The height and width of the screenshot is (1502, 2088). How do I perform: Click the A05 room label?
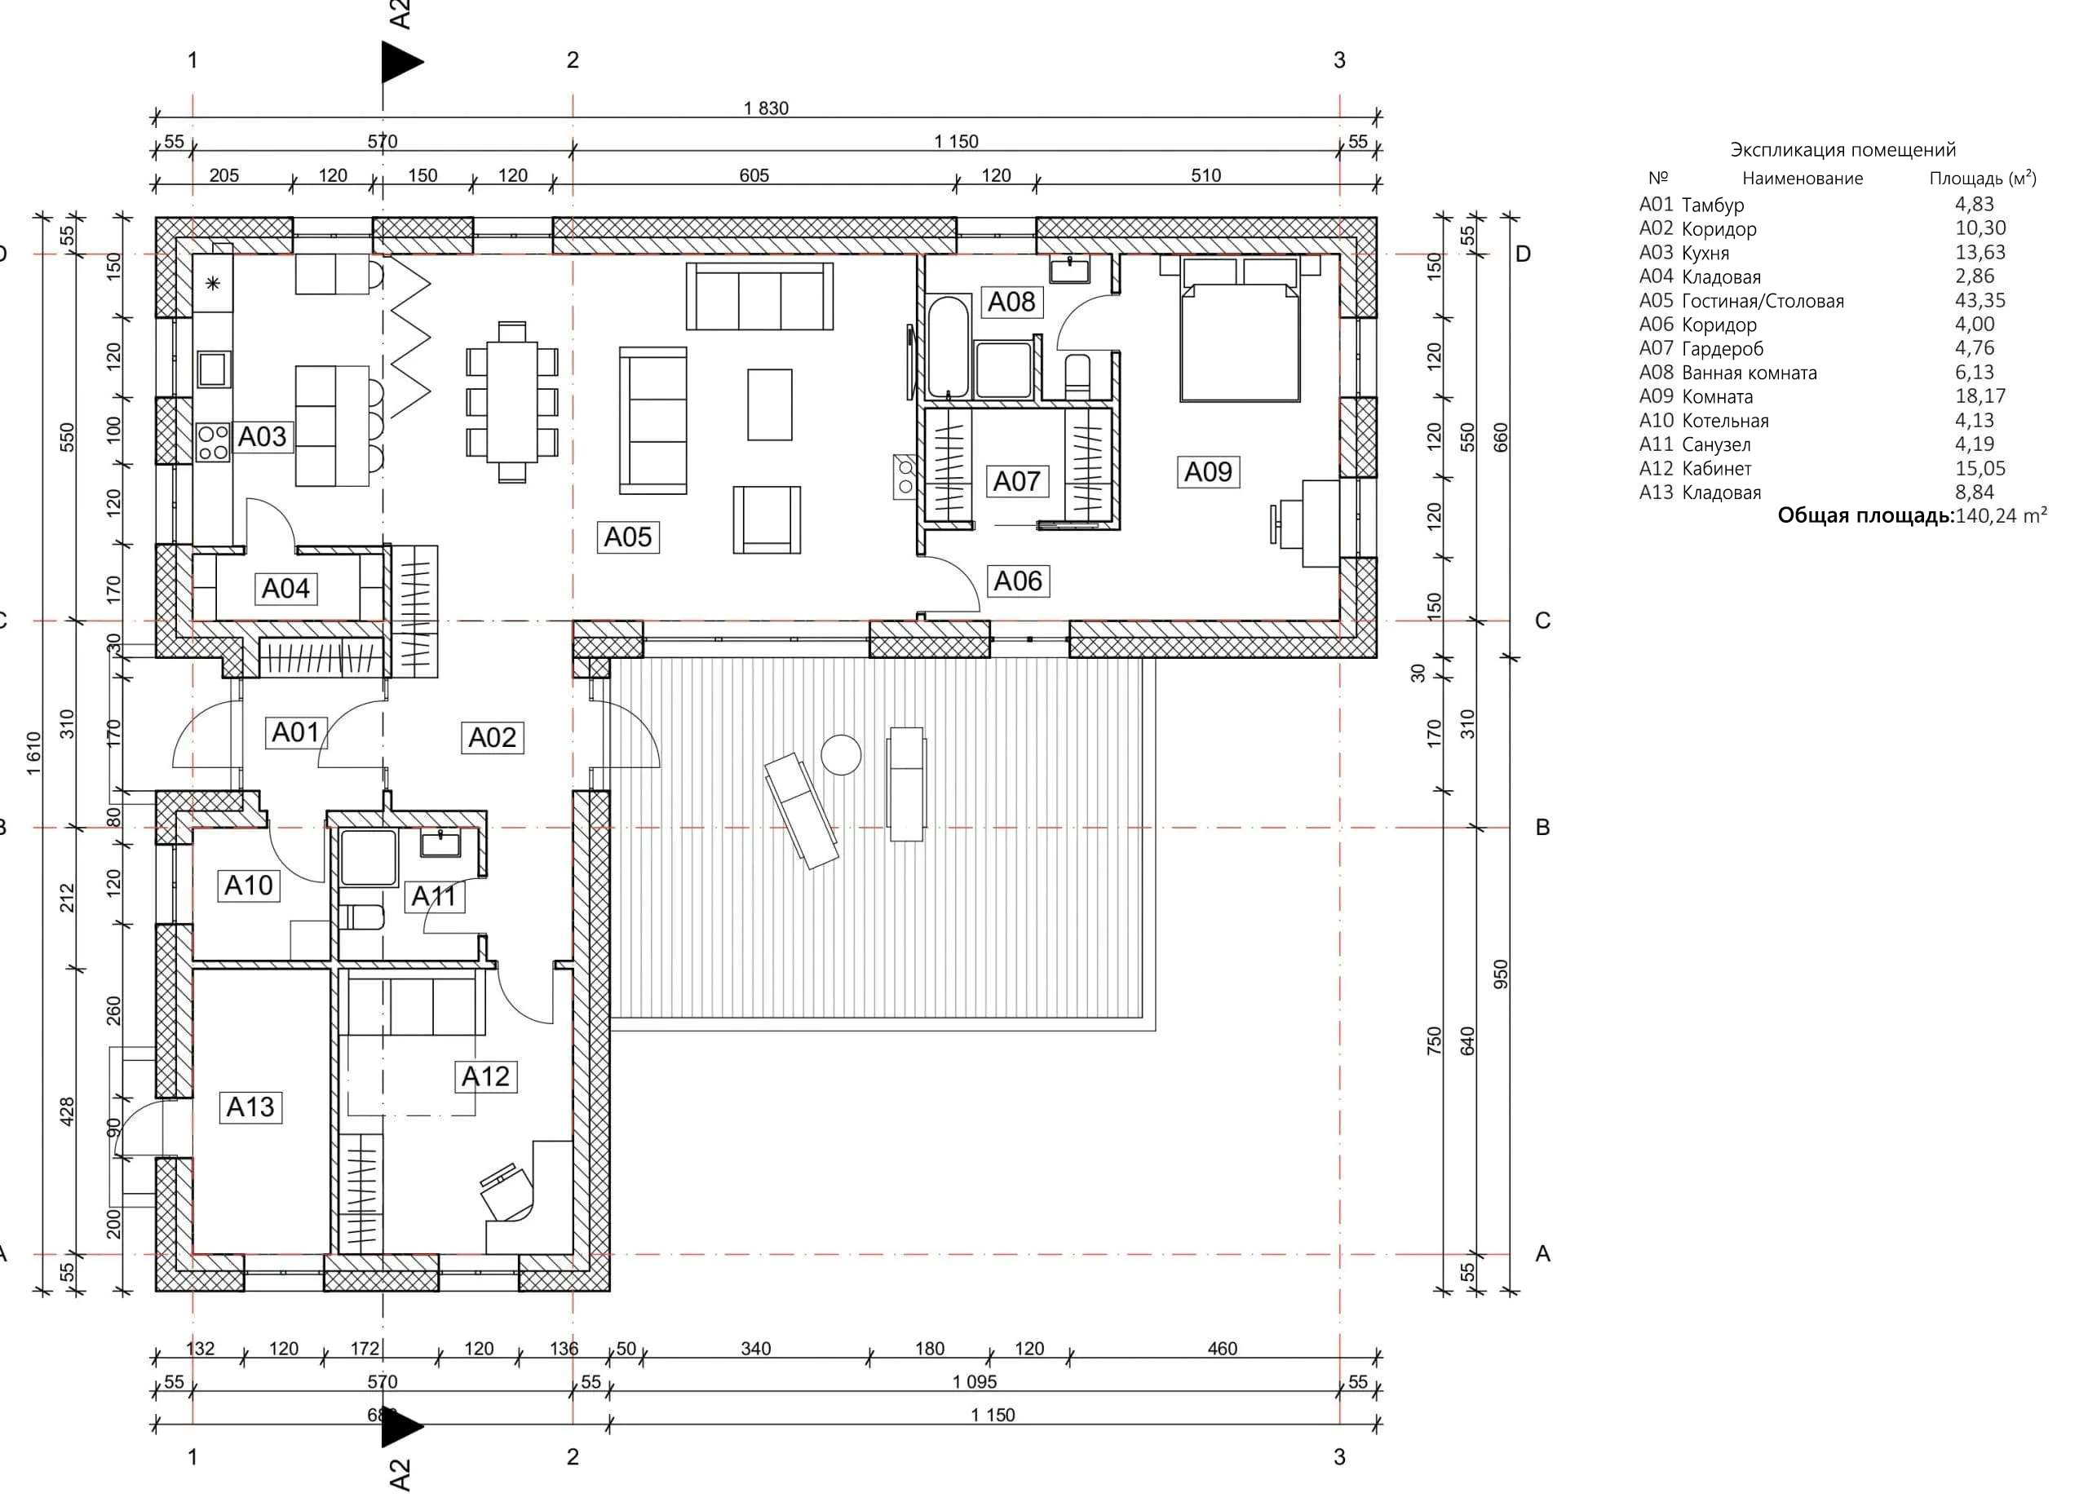627,537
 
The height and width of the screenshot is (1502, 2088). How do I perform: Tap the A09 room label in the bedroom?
1207,471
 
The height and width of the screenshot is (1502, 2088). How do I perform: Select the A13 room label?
250,1107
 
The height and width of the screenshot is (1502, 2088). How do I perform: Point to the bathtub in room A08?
949,345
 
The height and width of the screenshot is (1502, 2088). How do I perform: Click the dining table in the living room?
512,401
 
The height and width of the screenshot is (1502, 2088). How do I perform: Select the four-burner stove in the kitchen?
213,442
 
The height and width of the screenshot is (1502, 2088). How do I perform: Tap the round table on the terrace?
841,755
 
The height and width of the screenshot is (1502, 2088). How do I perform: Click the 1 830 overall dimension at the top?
766,108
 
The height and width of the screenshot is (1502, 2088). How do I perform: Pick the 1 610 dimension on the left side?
34,753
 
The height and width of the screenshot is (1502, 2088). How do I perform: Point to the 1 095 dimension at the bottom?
975,1381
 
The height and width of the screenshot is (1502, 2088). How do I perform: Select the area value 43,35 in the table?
1980,300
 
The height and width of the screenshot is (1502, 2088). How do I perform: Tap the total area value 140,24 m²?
2002,515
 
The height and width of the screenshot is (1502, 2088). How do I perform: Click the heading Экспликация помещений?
1843,150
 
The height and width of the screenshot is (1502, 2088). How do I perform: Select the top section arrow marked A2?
402,63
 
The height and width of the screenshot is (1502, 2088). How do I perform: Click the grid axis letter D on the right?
1523,254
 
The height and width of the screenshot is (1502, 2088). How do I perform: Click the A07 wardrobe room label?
1016,480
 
